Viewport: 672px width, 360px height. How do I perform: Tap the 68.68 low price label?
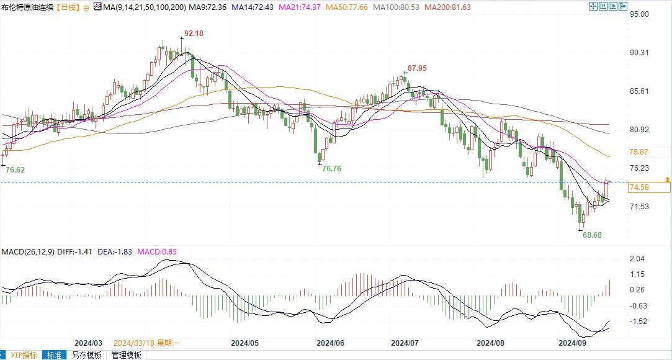tap(592, 235)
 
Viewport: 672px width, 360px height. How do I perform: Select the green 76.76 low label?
tap(332, 168)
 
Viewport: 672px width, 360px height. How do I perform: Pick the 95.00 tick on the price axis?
tap(638, 14)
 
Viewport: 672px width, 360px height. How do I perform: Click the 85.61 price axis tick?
tap(638, 91)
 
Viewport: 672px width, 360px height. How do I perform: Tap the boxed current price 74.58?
tap(639, 187)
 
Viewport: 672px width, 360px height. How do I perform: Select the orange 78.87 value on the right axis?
tap(638, 152)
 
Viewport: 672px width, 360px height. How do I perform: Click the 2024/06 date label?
tap(329, 343)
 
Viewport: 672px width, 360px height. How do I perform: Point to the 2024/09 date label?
tap(573, 343)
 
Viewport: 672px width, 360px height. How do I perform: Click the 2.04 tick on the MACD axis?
tap(637, 259)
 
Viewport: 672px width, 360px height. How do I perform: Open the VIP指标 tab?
tap(24, 355)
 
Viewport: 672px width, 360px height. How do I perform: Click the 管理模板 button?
tap(127, 355)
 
